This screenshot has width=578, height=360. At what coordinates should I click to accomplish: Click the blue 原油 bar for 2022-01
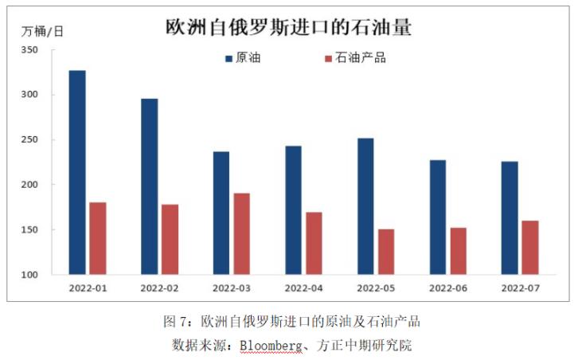(x=77, y=172)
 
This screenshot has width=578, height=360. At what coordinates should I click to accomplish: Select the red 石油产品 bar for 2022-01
(x=98, y=238)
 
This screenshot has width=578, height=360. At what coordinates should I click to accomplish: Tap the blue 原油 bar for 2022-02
(x=149, y=186)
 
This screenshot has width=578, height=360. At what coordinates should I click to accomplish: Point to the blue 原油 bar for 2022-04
(x=294, y=209)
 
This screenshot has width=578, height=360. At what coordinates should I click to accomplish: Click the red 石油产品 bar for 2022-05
(x=386, y=252)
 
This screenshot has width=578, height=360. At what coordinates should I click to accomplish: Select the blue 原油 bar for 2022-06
(x=438, y=217)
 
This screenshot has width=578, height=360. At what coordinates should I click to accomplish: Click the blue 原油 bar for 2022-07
(x=510, y=217)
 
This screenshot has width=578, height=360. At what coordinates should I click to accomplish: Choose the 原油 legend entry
(x=243, y=58)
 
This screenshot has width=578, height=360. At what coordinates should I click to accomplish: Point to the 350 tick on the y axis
(x=29, y=49)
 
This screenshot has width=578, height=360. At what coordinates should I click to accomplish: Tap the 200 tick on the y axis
(x=29, y=185)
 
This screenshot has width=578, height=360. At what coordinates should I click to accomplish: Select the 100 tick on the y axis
(x=29, y=275)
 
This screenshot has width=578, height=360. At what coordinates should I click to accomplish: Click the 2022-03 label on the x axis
(x=232, y=288)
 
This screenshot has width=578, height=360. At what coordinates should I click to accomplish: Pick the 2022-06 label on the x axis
(x=448, y=288)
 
